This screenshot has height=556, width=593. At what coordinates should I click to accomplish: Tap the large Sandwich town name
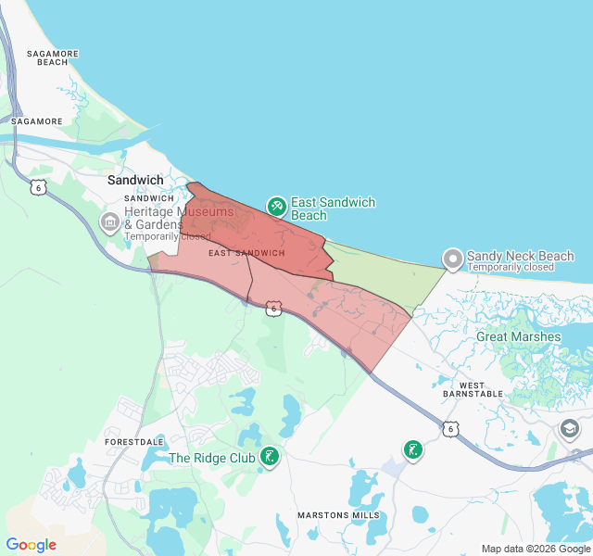[135, 181]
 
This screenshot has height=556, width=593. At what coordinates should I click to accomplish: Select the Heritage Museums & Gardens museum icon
[109, 223]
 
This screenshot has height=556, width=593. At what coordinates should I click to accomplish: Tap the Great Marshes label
[518, 336]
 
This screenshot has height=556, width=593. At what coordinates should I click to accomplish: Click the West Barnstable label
[481, 389]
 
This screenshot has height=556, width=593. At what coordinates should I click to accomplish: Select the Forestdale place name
[133, 442]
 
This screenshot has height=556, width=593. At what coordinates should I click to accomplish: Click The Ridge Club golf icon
[270, 457]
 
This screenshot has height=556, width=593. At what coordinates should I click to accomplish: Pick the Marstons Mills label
[338, 514]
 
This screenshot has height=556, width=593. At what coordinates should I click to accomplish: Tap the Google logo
[31, 545]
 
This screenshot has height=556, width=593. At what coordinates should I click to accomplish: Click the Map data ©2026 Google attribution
[535, 549]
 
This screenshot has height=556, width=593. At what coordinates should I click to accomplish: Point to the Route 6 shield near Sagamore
[37, 186]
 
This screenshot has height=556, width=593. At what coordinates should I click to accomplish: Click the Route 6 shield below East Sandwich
[272, 308]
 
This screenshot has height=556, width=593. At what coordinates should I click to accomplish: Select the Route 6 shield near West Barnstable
[449, 428]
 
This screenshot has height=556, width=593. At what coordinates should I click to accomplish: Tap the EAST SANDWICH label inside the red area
[246, 253]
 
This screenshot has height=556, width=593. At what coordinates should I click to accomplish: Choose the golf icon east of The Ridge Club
[413, 450]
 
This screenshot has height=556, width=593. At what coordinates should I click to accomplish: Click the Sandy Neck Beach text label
[520, 256]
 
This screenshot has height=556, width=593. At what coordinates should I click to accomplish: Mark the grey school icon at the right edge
[569, 428]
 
